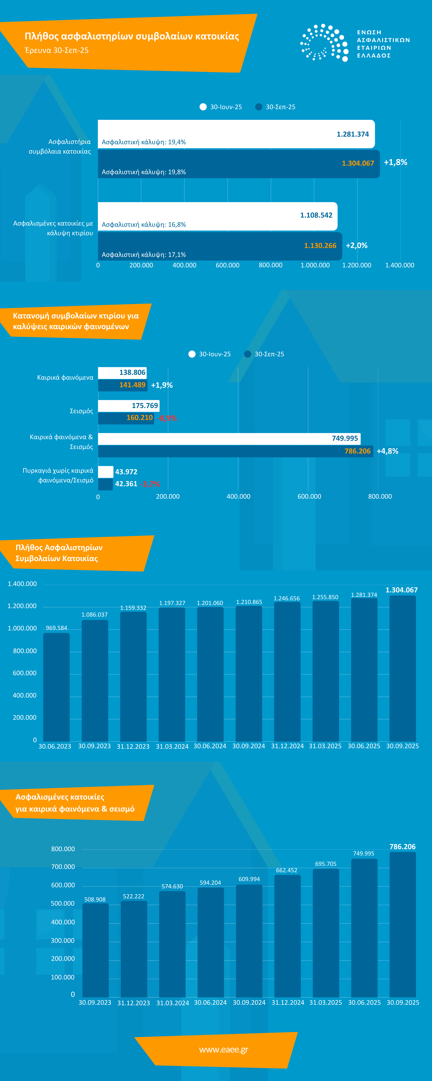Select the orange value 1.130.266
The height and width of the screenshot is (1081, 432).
tap(320, 245)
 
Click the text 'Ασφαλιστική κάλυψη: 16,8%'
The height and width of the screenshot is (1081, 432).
tap(143, 225)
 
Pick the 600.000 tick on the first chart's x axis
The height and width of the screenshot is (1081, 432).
tap(227, 265)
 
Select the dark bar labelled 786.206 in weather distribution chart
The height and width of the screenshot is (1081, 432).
tap(235, 451)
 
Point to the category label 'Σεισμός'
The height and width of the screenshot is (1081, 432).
tap(81, 411)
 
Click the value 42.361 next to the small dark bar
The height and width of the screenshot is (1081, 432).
tap(126, 484)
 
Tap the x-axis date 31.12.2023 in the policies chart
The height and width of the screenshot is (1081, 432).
tap(133, 746)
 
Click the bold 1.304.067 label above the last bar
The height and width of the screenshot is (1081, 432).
tap(401, 590)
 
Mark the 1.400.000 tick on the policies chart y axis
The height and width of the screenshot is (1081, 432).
tap(22, 584)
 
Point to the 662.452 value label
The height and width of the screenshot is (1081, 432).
tap(287, 870)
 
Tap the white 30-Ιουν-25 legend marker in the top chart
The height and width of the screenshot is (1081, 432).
tap(203, 107)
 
